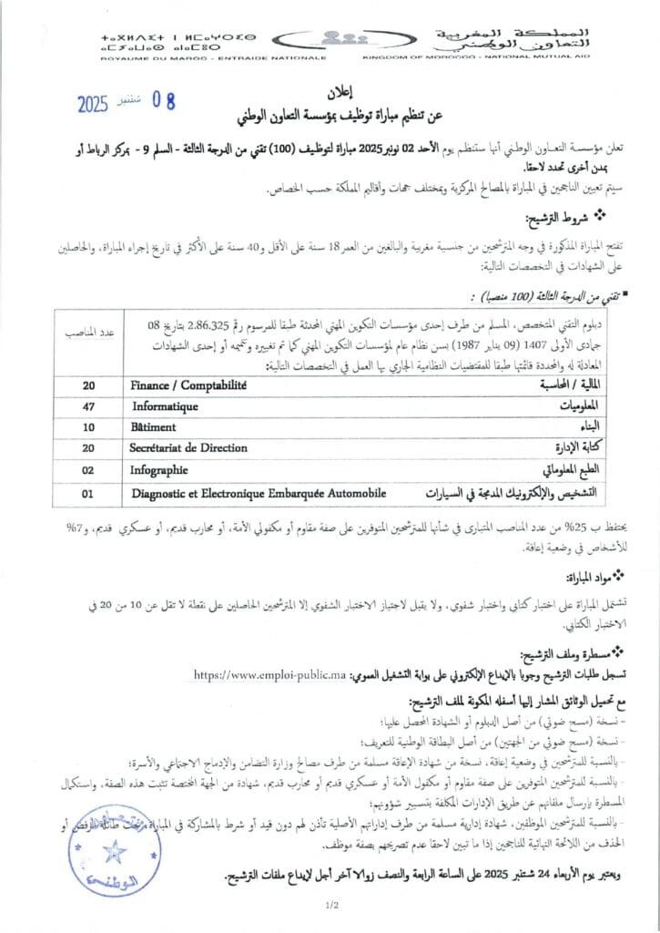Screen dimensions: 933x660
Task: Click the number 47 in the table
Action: pos(88,406)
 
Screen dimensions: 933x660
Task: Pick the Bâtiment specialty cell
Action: pos(154,426)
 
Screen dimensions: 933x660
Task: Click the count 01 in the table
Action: pos(88,493)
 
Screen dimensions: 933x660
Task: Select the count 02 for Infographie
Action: pos(88,471)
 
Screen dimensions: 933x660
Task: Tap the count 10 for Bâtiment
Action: pos(88,427)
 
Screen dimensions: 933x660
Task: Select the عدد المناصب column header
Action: pos(88,332)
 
